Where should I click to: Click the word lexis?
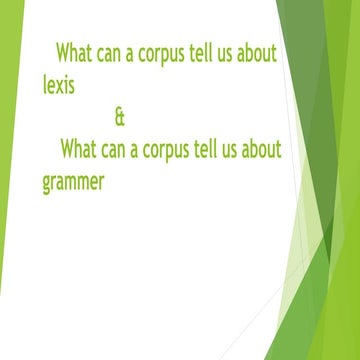click(59, 80)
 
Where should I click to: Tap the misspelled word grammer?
click(74, 183)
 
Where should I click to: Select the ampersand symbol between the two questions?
click(121, 118)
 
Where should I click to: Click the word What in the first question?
click(76, 50)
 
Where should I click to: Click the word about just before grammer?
click(259, 150)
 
